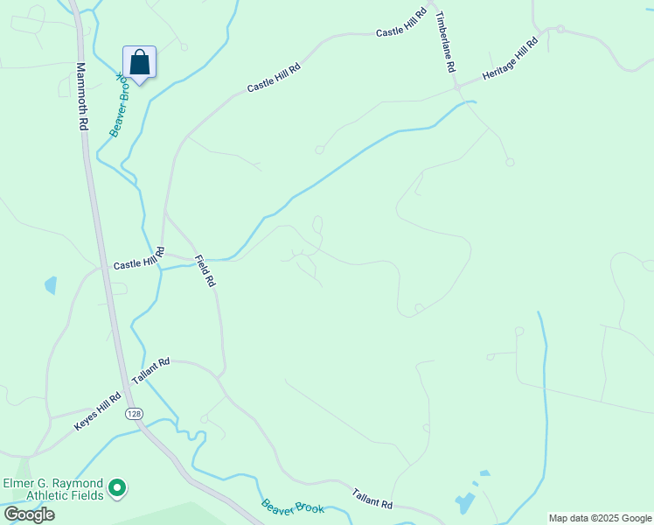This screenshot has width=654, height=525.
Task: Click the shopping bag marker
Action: (139, 63)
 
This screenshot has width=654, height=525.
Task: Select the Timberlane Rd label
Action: (446, 41)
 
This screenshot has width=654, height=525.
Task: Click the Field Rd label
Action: (205, 271)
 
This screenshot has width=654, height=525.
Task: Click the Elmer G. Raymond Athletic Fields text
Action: (53, 489)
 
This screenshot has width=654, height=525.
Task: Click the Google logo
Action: (29, 514)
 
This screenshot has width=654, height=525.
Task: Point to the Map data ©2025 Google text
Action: (600, 518)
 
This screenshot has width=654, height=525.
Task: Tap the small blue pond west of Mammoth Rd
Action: (51, 285)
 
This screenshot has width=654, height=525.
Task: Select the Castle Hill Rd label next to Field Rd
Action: (139, 260)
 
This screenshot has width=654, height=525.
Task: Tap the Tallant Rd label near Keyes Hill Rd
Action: (150, 372)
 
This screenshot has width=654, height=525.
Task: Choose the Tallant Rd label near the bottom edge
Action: (372, 499)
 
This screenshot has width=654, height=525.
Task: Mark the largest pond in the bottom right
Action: (464, 504)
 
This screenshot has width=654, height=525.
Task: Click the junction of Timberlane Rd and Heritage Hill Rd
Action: (456, 87)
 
